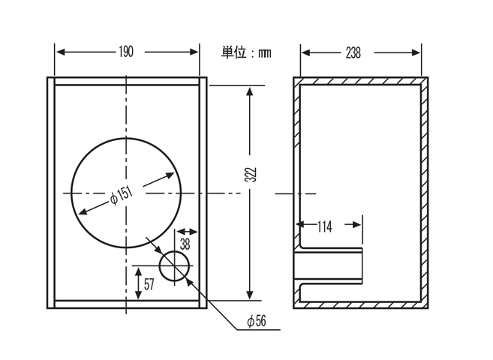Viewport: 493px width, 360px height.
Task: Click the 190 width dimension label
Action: [x=126, y=52]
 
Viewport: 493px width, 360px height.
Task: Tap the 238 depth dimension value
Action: [x=353, y=52]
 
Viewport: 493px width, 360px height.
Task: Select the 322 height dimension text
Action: [x=251, y=174]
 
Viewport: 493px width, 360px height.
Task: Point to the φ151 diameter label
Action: [x=122, y=196]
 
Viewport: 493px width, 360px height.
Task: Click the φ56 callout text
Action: [x=257, y=321]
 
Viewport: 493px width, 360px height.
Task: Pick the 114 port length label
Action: [x=324, y=226]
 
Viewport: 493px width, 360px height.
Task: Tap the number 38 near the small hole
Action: [x=185, y=244]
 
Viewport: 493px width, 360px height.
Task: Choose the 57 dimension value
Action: [x=149, y=284]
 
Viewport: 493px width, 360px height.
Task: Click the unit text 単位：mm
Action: [x=246, y=52]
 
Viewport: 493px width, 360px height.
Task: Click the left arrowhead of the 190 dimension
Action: [x=60, y=52]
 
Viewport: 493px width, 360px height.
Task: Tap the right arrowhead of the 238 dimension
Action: [x=416, y=52]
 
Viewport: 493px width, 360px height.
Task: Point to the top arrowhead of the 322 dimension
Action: [x=250, y=91]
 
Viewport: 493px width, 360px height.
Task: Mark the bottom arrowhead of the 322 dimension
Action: [x=250, y=295]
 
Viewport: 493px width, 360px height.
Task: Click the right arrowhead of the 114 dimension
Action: [x=357, y=224]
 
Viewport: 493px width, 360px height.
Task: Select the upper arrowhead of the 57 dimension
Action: [x=138, y=271]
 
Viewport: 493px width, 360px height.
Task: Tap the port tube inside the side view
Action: [x=329, y=266]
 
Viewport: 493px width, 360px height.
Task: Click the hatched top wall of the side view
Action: [x=361, y=81]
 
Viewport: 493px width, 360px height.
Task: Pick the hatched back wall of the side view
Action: [x=425, y=193]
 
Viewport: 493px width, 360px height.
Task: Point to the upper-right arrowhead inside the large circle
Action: [x=170, y=175]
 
